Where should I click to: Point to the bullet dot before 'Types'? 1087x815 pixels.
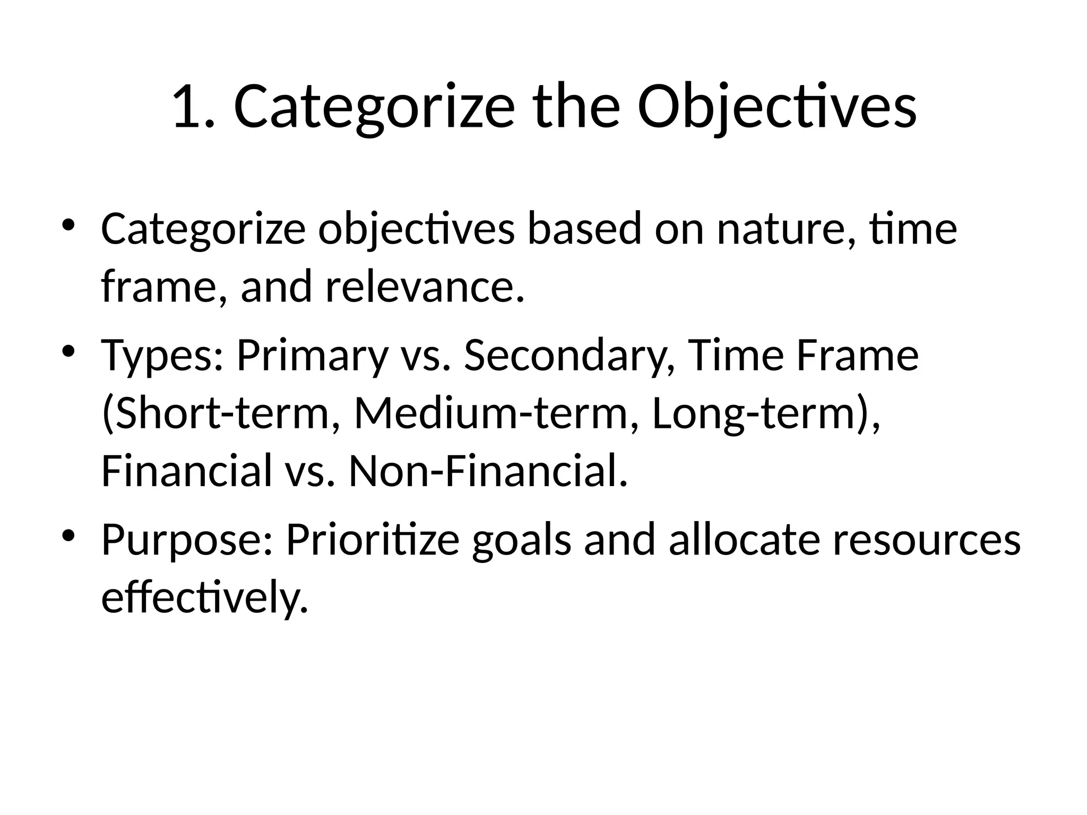[69, 351]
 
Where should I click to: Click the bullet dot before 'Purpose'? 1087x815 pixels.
[69, 536]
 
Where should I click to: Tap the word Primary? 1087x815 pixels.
[312, 356]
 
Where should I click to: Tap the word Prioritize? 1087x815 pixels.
[373, 540]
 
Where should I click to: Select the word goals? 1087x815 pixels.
[522, 540]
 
